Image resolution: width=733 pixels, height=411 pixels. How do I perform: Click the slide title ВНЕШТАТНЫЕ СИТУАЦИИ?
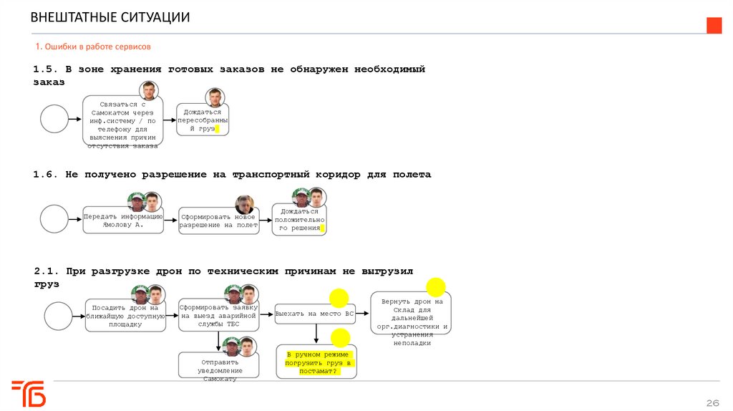110,17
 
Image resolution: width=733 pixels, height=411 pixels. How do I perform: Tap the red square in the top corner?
714,26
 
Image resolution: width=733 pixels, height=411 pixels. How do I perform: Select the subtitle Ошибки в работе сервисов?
93,47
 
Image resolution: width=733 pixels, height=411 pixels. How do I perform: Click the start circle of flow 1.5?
54,119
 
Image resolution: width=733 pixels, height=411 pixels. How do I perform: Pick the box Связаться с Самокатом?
122,122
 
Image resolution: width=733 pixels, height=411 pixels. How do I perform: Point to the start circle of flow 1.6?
54,219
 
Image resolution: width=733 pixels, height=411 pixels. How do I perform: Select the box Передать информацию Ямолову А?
123,220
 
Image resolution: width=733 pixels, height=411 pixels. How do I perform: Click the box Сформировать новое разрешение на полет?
218,220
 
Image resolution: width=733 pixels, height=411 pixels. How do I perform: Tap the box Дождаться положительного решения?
298,219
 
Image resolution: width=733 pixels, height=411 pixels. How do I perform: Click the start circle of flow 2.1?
59,316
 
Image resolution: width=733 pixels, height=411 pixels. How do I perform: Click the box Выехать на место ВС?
315,314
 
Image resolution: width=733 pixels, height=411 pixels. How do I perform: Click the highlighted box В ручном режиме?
316,362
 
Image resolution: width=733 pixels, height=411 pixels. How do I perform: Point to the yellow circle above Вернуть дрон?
436,288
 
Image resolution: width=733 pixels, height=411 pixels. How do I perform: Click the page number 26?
712,401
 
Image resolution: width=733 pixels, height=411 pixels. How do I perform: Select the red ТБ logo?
29,393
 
